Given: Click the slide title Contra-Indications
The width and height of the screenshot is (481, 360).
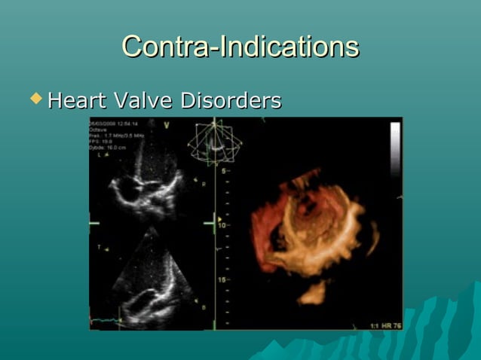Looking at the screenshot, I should [x=240, y=47].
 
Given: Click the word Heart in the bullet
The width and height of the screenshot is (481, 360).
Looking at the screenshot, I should [x=78, y=100].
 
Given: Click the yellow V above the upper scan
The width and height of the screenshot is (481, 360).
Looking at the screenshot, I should [x=167, y=124].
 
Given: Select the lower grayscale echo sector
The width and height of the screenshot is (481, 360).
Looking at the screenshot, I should [x=147, y=279].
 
